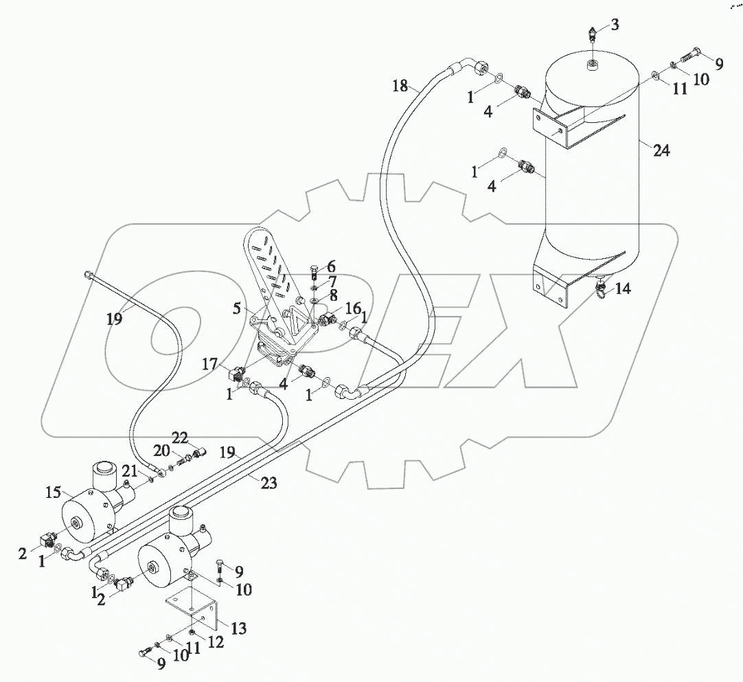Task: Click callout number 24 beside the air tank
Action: point(661,151)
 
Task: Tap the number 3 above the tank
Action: point(615,25)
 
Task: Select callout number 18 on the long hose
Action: point(400,86)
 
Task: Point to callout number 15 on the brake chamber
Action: point(53,492)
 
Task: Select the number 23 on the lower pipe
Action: point(268,484)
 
